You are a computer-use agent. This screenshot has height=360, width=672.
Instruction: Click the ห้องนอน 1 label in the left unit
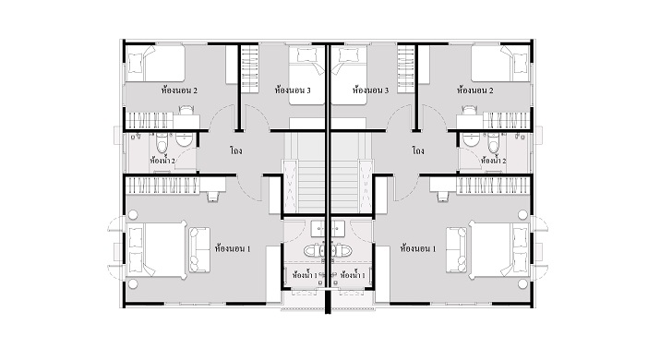tap(233, 248)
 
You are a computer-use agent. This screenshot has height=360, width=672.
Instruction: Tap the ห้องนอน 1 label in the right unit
tap(418, 248)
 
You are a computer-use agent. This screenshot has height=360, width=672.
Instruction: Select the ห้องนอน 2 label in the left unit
tap(179, 90)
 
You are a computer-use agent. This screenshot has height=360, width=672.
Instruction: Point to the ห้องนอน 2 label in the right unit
tap(475, 90)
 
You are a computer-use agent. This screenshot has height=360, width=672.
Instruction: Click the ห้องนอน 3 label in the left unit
tap(293, 90)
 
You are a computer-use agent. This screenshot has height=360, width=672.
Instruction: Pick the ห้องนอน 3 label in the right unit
tap(371, 90)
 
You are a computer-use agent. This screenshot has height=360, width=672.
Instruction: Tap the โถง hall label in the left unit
tap(236, 150)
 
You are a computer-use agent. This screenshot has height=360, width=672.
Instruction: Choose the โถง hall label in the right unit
tap(418, 150)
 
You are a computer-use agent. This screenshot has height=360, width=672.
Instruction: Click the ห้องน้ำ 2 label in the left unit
tap(162, 161)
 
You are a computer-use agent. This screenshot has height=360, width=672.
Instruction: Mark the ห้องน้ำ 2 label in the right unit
tap(493, 161)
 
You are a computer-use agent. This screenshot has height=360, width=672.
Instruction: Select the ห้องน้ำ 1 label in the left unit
tap(305, 275)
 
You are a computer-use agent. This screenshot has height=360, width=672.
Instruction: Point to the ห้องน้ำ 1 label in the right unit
tap(353, 275)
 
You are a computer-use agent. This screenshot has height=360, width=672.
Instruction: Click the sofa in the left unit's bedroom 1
tap(199, 249)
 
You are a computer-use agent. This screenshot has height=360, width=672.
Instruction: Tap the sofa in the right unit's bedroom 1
tap(456, 249)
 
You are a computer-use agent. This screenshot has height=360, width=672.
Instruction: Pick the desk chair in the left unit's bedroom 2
tap(186, 110)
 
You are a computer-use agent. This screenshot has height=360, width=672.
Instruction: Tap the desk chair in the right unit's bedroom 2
tap(469, 110)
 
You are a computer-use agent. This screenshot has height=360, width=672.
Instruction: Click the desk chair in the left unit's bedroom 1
tap(212, 197)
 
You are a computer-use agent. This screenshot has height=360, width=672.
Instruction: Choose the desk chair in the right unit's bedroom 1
tap(443, 197)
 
